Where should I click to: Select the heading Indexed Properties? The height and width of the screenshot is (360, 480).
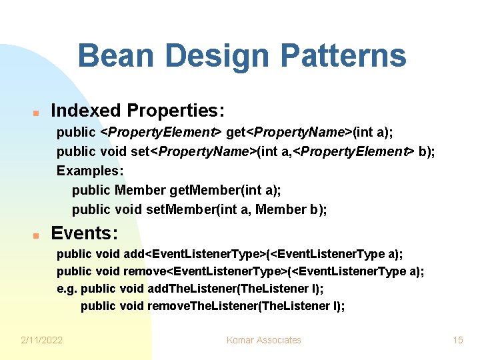point(138,110)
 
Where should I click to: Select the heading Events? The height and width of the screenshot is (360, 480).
point(85,233)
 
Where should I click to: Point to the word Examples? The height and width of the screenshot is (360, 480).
point(85,171)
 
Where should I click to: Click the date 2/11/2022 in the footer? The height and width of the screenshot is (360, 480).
point(42,340)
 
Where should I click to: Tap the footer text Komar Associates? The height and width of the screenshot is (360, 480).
point(263,340)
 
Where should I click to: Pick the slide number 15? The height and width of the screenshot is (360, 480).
point(457,340)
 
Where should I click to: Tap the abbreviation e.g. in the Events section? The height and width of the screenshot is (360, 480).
point(67,289)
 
